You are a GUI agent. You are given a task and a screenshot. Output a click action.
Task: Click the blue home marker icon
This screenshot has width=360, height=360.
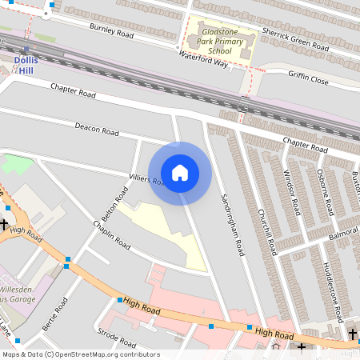point(180,172)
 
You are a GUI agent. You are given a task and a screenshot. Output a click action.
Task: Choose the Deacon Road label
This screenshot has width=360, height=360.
point(97,129)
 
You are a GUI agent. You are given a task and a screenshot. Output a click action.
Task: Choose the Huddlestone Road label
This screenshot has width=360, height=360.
point(332,288)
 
